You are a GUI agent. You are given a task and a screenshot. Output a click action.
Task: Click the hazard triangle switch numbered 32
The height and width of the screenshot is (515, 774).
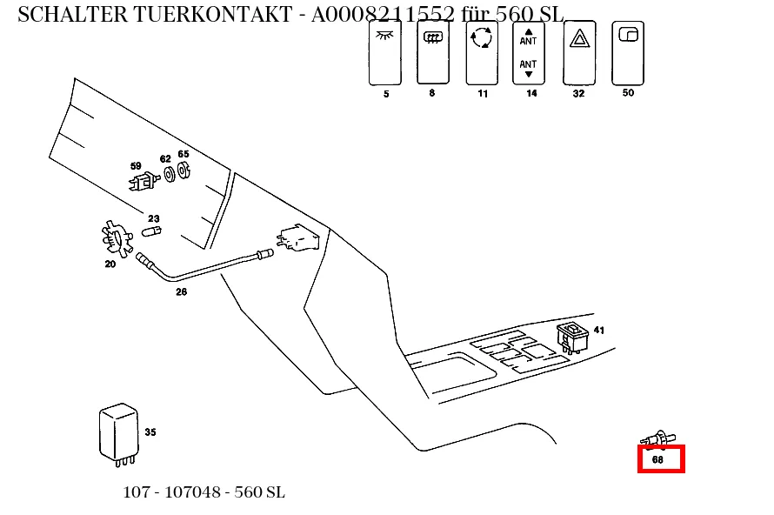tap(579, 53)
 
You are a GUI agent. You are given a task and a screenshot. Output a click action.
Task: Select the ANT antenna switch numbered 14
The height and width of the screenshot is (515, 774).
tap(528, 53)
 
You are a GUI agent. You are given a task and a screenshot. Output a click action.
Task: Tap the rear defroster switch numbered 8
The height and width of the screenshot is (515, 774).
tap(433, 52)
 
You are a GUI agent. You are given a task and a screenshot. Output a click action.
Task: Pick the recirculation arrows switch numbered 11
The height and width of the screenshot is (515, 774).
tap(482, 53)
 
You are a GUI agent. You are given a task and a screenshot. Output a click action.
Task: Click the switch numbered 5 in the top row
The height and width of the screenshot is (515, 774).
tap(385, 53)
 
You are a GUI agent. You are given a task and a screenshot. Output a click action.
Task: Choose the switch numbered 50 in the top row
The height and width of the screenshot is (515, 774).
tap(628, 53)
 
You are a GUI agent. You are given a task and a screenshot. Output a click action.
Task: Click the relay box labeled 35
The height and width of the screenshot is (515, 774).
tap(118, 434)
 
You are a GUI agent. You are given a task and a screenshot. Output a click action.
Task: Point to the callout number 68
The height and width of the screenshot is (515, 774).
tap(657, 459)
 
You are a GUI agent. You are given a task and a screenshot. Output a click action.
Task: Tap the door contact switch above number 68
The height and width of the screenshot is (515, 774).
tap(658, 439)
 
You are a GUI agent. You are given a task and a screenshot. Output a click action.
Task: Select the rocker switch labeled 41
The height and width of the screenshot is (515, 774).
tap(572, 338)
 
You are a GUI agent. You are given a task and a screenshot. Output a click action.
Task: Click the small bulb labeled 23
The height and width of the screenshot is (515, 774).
tap(151, 231)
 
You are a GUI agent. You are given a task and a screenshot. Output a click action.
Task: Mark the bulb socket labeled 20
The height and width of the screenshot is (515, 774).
tap(117, 238)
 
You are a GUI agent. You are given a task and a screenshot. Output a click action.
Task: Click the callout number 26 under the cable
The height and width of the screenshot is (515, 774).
tap(181, 291)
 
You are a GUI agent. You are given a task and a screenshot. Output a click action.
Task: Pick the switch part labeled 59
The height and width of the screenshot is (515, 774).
tap(144, 181)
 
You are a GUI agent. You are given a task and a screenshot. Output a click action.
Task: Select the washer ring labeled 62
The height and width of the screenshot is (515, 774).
tap(170, 174)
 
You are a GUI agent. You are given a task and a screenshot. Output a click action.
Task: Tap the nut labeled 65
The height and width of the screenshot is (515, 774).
tap(183, 170)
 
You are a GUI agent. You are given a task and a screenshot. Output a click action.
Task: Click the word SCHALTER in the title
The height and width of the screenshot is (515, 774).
tap(72, 14)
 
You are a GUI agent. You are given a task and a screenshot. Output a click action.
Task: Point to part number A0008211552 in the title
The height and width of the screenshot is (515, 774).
tap(383, 14)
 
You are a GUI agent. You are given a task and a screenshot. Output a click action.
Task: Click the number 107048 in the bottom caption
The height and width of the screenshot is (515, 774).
tap(192, 492)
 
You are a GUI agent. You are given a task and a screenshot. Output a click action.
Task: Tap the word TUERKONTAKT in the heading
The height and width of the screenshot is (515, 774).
tap(213, 14)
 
